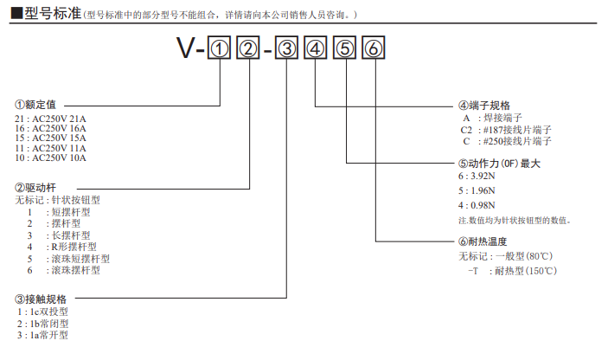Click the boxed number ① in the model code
[221, 50]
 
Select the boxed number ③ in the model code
[291, 50]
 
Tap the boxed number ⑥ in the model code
[373, 50]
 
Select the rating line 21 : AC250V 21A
[51, 118]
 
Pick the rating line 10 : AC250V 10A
[51, 157]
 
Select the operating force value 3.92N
[477, 176]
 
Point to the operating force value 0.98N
[477, 205]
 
